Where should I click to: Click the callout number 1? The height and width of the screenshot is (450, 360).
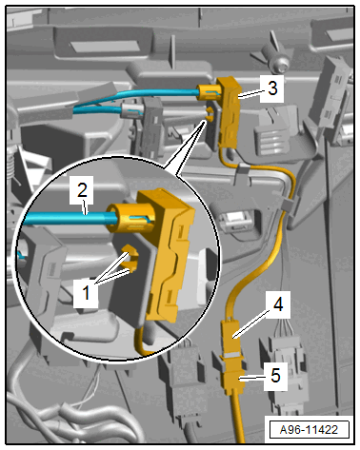(x=86, y=292)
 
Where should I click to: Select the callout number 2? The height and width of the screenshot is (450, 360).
(x=82, y=190)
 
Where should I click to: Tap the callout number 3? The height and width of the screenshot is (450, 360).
(x=272, y=88)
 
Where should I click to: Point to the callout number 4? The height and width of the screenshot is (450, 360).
(x=278, y=304)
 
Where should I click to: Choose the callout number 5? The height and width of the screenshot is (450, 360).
(x=275, y=376)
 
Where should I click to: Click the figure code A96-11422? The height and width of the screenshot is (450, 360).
(x=309, y=430)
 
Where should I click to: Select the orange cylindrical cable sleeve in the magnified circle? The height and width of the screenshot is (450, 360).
(x=130, y=217)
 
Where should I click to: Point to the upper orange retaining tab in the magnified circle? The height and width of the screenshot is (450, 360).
(x=130, y=250)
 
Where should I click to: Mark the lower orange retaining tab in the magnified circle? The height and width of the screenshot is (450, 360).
(x=132, y=266)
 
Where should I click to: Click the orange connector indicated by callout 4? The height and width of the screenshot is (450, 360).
(x=231, y=337)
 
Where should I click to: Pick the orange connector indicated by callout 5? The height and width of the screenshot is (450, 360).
(x=234, y=379)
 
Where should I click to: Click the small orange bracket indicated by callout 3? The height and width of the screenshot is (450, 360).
(x=227, y=111)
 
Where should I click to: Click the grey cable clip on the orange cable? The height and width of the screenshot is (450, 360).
(x=288, y=205)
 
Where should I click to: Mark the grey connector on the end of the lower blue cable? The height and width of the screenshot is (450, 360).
(x=130, y=111)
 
